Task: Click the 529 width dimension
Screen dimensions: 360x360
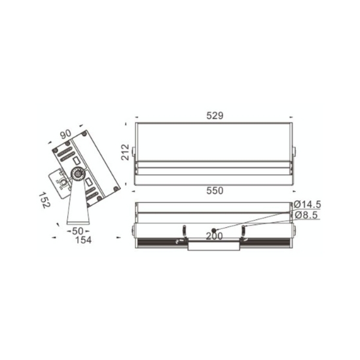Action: click(215, 116)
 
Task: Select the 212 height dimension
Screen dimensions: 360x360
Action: click(126, 152)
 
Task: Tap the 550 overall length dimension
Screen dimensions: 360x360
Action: click(215, 190)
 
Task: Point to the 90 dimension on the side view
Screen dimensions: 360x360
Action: click(66, 135)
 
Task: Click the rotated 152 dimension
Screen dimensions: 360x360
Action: click(44, 200)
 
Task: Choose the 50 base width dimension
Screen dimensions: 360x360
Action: click(78, 231)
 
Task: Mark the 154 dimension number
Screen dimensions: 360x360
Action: click(83, 240)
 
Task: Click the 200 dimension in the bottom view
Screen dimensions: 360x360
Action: click(215, 236)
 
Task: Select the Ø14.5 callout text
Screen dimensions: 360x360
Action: click(308, 204)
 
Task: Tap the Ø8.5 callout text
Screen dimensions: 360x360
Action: click(306, 215)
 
